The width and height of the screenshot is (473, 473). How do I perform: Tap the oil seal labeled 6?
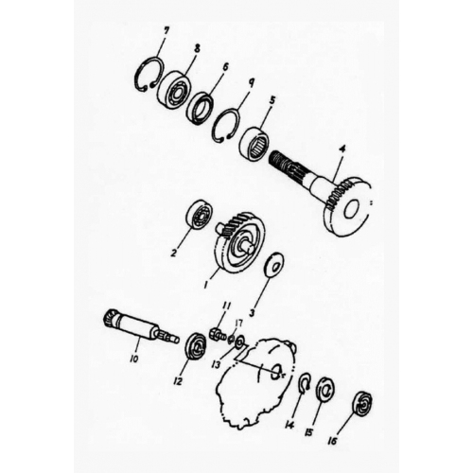200,107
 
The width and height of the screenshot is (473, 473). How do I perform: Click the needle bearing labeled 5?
255,145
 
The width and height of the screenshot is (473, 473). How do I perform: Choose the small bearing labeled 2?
199,214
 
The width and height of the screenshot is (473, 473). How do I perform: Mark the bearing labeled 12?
197,345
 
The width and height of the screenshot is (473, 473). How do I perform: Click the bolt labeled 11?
217,334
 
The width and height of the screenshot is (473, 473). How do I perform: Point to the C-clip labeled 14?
304,381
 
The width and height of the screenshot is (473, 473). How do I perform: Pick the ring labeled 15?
326,389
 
